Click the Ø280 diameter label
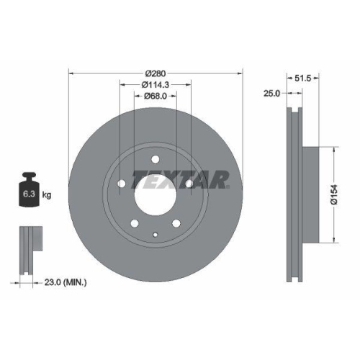156,73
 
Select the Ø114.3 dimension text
156,85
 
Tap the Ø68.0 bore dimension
156,96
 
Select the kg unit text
47,194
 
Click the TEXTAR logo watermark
190,178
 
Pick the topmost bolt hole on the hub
156,160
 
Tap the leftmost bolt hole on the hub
121,184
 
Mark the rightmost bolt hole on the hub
189,184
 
